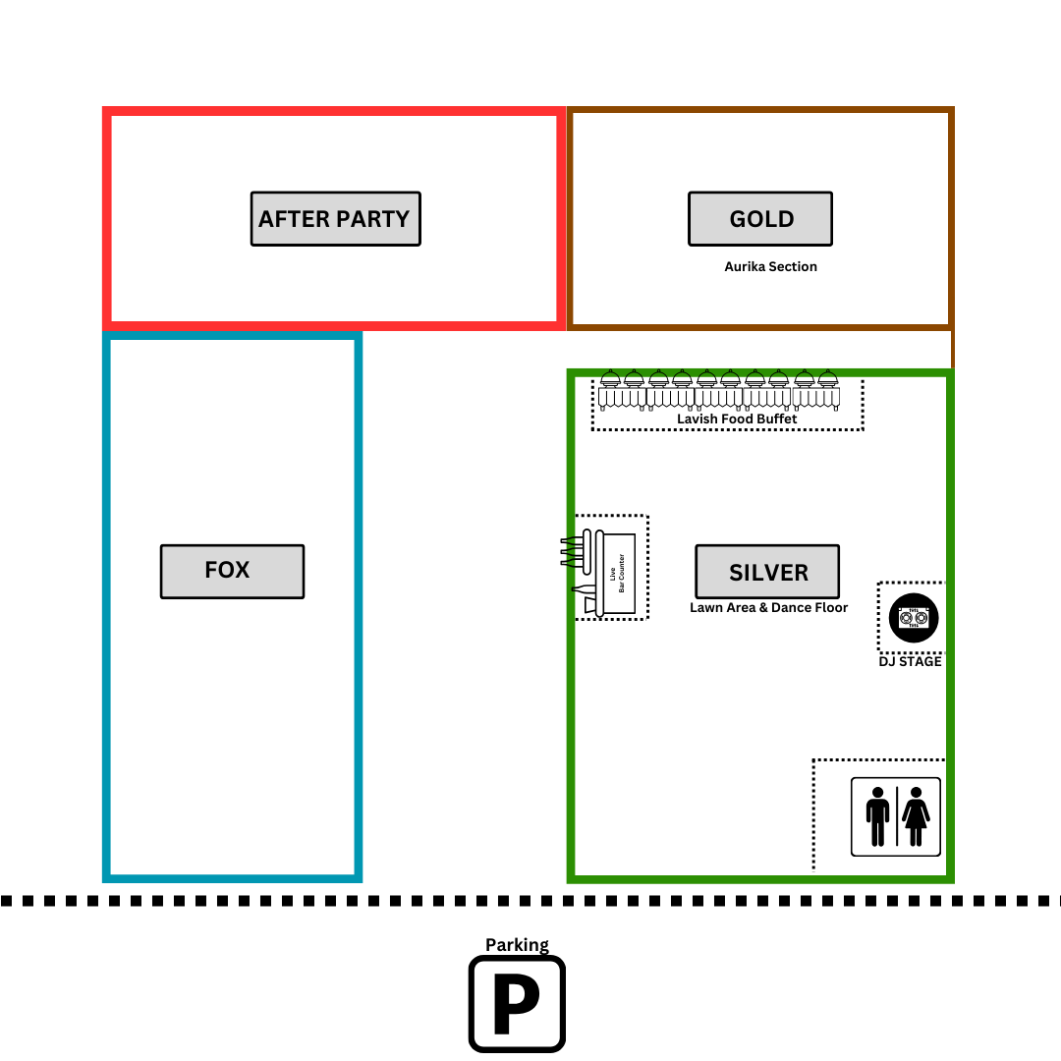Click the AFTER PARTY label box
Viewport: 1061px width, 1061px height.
335,219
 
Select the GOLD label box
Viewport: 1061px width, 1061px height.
760,219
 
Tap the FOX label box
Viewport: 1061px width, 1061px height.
232,571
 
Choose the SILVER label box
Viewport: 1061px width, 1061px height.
767,572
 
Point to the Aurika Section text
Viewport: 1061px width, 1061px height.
770,266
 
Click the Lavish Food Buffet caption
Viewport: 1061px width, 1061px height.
737,419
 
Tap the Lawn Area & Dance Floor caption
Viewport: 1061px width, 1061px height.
768,608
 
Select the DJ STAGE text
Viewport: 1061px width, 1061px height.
910,662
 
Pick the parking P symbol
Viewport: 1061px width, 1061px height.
517,1003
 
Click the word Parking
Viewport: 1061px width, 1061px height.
517,945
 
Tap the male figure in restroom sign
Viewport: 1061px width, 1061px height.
877,816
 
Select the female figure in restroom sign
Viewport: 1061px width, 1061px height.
916,816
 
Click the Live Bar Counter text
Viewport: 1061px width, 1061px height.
617,574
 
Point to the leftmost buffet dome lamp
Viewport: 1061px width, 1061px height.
610,378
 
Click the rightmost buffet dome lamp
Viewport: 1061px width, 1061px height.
827,378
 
